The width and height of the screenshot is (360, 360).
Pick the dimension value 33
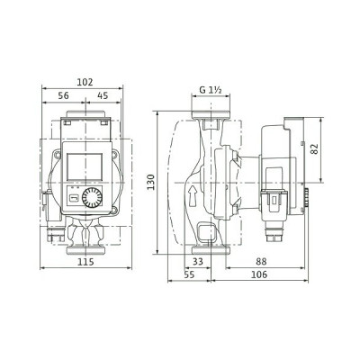(200, 261)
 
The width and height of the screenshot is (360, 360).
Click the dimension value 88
(260, 261)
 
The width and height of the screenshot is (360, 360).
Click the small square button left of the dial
(75, 199)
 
